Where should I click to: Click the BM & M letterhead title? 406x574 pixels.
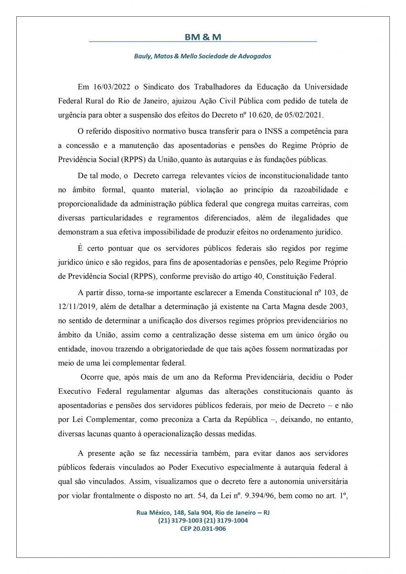[203, 37]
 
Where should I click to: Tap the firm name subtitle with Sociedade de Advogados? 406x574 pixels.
[202, 56]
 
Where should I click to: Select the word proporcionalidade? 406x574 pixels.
[90, 204]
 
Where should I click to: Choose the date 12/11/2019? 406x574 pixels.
[75, 306]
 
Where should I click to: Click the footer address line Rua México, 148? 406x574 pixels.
[203, 512]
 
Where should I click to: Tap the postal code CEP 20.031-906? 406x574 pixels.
[203, 529]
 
